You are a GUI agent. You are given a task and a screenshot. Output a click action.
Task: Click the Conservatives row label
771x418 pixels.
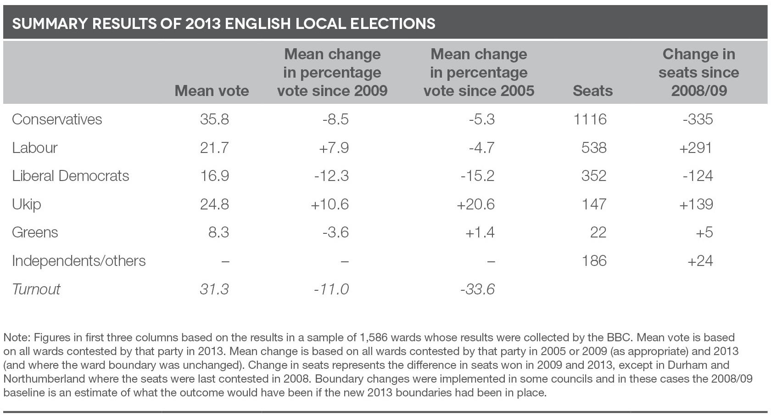coord(57,119)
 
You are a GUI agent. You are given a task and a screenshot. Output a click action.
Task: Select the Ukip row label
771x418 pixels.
coord(27,204)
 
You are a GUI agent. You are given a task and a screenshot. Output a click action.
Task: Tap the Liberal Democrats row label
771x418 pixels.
coord(71,176)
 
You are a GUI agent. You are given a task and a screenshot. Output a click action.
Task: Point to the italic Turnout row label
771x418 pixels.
coord(36,289)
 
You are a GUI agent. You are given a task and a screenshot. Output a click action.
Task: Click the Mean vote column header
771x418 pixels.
coord(212,91)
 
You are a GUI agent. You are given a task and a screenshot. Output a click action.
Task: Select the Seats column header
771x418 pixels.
coord(592,91)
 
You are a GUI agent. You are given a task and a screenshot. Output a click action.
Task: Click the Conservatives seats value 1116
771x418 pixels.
coord(590,119)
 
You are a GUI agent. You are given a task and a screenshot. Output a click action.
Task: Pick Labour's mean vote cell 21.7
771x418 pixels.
coord(214,148)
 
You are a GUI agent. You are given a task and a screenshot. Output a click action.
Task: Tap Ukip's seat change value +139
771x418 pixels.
coord(696,204)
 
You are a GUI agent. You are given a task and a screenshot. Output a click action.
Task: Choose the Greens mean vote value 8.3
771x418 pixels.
coord(218,232)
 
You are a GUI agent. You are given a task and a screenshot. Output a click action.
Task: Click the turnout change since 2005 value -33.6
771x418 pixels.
coord(477,289)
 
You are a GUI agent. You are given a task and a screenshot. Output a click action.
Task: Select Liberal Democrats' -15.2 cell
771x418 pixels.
coord(477,176)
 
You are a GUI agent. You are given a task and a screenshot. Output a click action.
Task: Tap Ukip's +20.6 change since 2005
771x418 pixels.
coord(475,204)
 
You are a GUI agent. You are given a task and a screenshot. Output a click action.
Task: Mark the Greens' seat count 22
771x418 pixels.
coord(598,232)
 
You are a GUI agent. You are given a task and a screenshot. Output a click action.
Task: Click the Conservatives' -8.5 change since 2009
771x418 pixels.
coord(335,119)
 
